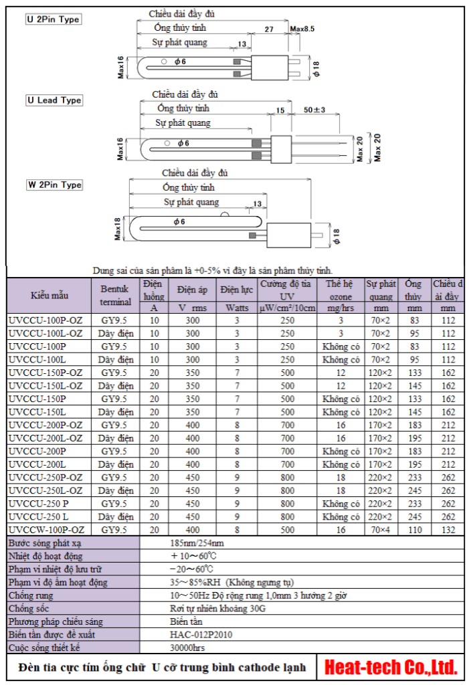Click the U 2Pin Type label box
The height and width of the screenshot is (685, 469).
(x=53, y=19)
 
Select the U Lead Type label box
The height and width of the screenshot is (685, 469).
(x=54, y=100)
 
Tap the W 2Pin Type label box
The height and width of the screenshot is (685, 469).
(x=54, y=185)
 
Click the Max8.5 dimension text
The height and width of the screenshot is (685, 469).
(x=302, y=29)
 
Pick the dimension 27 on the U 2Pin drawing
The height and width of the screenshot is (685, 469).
(x=269, y=29)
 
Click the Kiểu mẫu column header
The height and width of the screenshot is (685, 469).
(x=49, y=295)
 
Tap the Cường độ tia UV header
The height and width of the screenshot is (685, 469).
(x=287, y=290)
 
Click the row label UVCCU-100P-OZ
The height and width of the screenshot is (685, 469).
(x=46, y=320)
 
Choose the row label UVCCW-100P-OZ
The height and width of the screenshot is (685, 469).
(x=47, y=529)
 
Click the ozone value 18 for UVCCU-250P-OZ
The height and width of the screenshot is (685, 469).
(x=341, y=477)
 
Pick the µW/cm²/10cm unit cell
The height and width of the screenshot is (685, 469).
(x=287, y=308)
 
